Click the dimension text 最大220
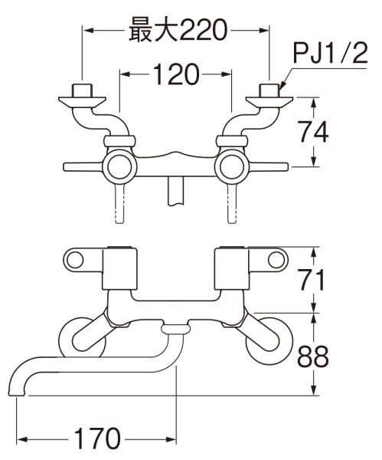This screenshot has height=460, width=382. [178, 30]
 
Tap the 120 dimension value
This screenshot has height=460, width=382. [176, 74]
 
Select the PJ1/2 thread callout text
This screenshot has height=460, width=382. [330, 53]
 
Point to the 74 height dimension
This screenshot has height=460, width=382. [313, 132]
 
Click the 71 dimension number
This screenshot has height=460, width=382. [312, 280]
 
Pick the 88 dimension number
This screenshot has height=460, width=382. [313, 357]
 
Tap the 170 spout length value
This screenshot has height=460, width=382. [97, 439]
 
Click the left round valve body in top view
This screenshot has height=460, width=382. [119, 166]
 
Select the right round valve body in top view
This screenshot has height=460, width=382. [232, 166]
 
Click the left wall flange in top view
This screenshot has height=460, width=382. [82, 101]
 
